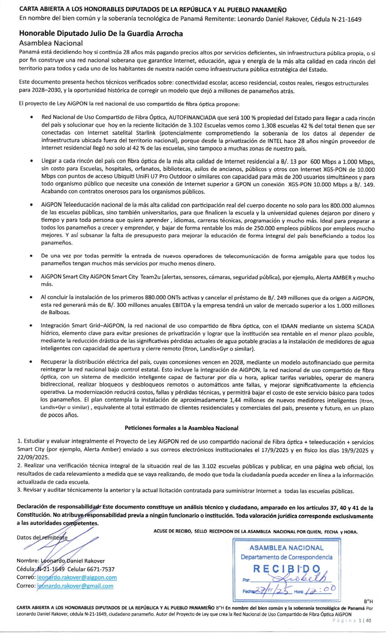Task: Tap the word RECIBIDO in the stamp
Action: tap(286, 569)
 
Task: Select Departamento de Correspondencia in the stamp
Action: tap(286, 557)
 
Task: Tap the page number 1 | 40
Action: tap(365, 621)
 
